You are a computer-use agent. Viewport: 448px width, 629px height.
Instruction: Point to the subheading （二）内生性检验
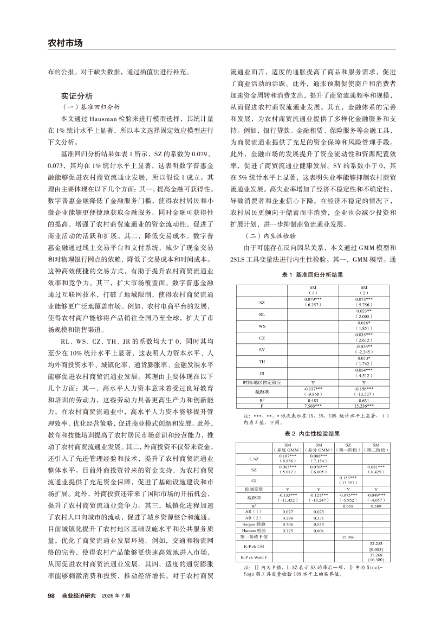[x=271, y=236]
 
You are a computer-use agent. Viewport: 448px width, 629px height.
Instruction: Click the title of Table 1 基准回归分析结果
[x=312, y=275]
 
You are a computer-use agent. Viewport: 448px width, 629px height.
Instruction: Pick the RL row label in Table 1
[x=262, y=314]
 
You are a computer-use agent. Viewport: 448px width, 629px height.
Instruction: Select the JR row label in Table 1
[x=262, y=374]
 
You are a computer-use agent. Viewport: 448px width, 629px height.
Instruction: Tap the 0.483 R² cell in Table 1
[x=313, y=401]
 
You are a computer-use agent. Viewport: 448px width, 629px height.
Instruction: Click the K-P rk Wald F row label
[x=254, y=557]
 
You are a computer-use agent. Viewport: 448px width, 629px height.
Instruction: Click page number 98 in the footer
[x=52, y=595]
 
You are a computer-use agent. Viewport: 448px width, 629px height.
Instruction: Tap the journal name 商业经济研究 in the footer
[x=79, y=595]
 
